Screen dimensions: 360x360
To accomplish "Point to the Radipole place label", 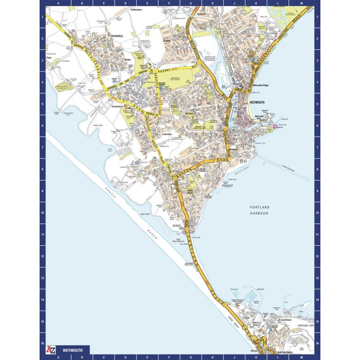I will (201, 14).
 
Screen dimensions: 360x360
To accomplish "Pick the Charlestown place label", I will (118, 106).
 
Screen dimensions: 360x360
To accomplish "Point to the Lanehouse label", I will (166, 134).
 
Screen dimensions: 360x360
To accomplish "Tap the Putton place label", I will (129, 60).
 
